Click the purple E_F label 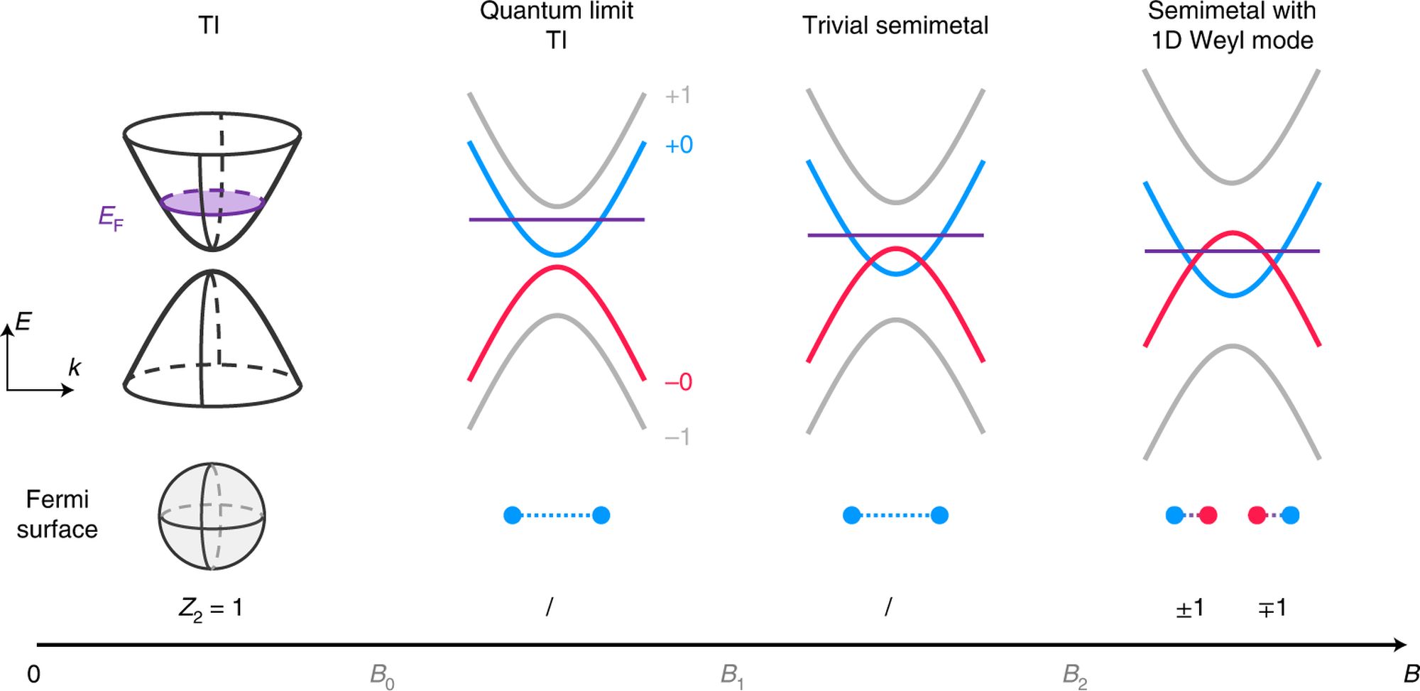click(x=110, y=218)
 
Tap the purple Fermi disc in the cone click(x=212, y=202)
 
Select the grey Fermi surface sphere click(x=212, y=516)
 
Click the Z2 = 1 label click(x=211, y=609)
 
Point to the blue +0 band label click(x=678, y=145)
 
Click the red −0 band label click(x=678, y=382)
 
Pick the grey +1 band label click(x=677, y=95)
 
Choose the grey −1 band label click(x=677, y=436)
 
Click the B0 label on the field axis click(x=382, y=675)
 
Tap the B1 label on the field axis click(x=731, y=675)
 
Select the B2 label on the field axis click(x=1074, y=675)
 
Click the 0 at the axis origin click(x=33, y=674)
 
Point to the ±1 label click(x=1190, y=609)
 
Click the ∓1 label click(x=1272, y=609)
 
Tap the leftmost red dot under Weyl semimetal click(x=1208, y=515)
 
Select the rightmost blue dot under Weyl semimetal click(x=1291, y=515)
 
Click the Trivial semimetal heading click(x=895, y=26)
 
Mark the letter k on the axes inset click(x=74, y=367)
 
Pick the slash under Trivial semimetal click(x=888, y=607)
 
